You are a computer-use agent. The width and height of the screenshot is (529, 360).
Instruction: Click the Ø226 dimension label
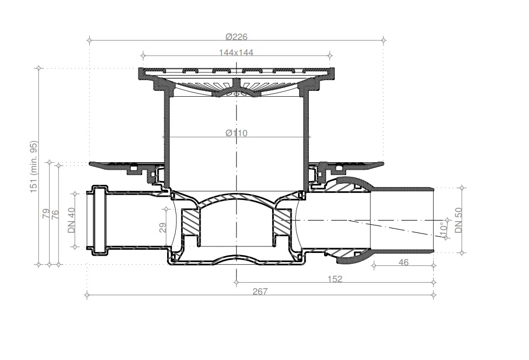[236, 37]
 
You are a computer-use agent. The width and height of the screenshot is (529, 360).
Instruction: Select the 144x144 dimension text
[236, 52]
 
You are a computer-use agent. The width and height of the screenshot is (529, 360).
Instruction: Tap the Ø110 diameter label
[236, 133]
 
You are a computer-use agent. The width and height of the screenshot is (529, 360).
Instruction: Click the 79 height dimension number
[46, 214]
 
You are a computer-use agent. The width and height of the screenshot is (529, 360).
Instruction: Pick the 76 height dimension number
[55, 215]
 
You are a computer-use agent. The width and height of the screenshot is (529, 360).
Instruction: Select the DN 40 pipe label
[71, 220]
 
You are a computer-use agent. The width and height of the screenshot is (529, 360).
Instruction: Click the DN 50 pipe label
[459, 220]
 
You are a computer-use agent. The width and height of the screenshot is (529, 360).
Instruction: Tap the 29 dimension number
[163, 228]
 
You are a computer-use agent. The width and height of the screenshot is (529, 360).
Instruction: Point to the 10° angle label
[444, 228]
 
